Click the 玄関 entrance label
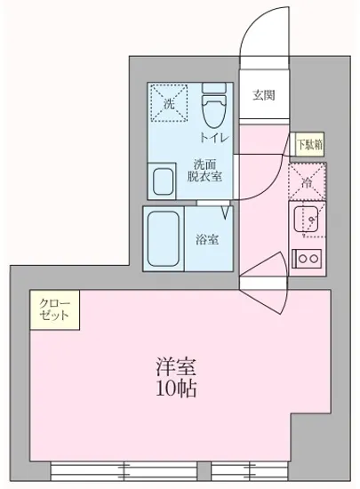(262, 96)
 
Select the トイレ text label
(214, 138)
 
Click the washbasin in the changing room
(164, 181)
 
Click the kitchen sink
(307, 220)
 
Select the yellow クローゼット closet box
(55, 310)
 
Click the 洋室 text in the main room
(176, 367)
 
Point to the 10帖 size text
(176, 389)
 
